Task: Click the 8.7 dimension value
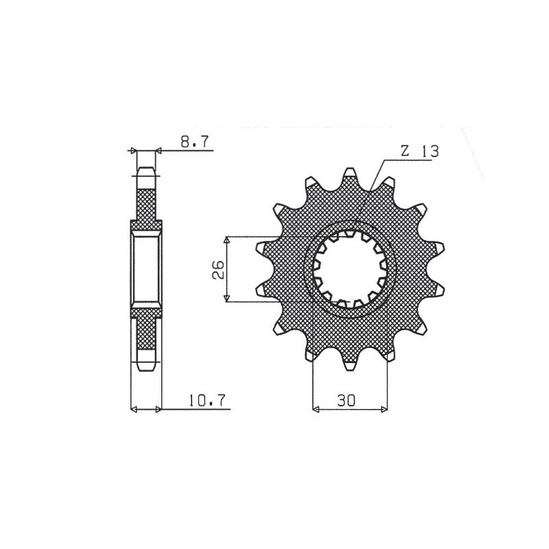[196, 142]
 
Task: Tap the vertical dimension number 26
[216, 268]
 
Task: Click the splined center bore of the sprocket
[351, 268]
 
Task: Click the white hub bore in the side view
[145, 268]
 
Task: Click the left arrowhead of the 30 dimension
[316, 410]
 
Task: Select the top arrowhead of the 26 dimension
[227, 240]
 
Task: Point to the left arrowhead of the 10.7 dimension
[135, 410]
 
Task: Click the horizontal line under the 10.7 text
[199, 410]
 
